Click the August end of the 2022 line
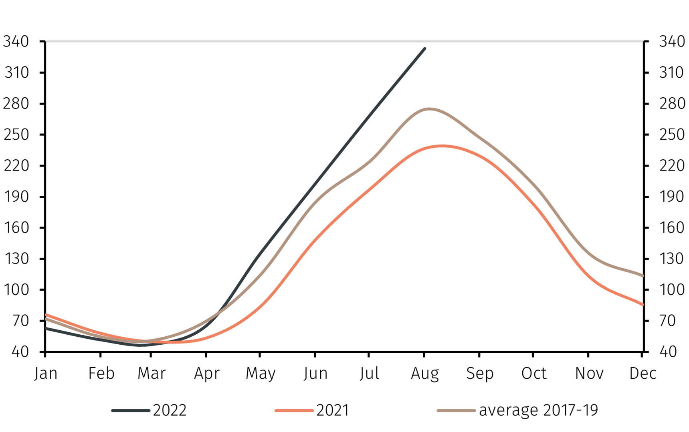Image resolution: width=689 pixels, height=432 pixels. [x=424, y=49]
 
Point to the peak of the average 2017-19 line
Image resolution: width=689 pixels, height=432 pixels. [x=429, y=109]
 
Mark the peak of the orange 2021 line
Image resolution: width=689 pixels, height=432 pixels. [x=442, y=146]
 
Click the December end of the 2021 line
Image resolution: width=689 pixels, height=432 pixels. [x=643, y=305]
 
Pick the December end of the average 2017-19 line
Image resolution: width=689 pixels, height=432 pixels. [x=643, y=275]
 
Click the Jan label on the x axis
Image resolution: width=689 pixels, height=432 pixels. [x=46, y=374]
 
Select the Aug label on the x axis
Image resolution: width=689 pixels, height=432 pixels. [x=424, y=374]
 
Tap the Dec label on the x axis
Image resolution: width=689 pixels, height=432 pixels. [x=643, y=374]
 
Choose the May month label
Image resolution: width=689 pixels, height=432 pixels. [x=261, y=374]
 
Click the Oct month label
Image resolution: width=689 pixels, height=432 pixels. [x=533, y=374]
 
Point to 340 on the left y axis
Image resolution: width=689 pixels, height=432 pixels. [x=16, y=42]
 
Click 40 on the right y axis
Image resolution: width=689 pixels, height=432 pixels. [x=668, y=352]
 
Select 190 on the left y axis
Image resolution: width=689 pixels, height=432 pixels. [x=16, y=197]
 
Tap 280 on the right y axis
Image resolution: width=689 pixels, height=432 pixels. [x=672, y=104]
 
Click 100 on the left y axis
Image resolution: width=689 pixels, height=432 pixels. [x=16, y=290]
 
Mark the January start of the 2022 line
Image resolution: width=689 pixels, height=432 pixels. [x=46, y=328]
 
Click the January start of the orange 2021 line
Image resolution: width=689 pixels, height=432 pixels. [x=46, y=315]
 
